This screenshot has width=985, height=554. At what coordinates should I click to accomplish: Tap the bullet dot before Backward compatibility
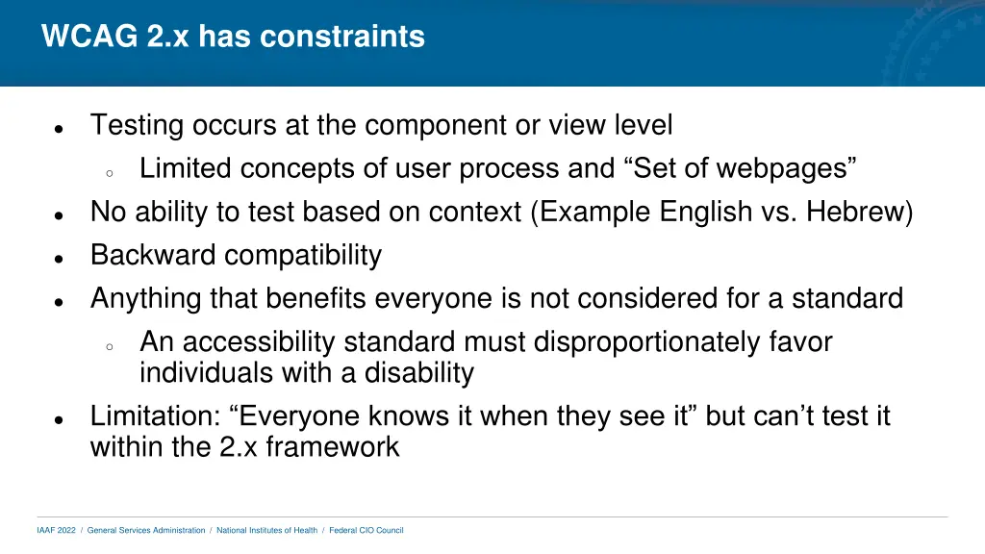coord(60,259)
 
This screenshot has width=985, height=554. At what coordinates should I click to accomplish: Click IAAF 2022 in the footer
coord(56,530)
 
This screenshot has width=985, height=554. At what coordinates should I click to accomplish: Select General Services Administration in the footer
coord(146,530)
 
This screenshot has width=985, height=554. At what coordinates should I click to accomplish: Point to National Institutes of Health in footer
coord(266,530)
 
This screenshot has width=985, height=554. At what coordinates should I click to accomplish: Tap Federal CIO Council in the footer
coord(366,530)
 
